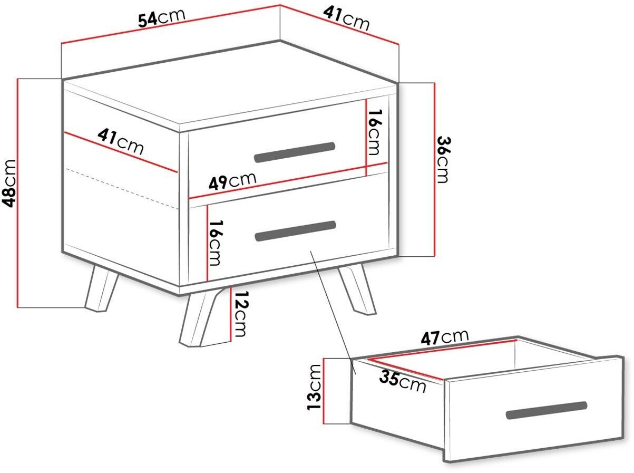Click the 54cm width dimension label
tap(161, 18)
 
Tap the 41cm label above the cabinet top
tap(346, 19)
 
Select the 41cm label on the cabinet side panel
tap(121, 141)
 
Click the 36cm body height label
tap(443, 160)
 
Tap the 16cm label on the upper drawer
tap(374, 132)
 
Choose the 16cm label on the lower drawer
tap(216, 243)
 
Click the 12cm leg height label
tap(241, 314)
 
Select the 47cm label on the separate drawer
tap(444, 336)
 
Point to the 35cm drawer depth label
tap(403, 381)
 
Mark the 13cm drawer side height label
tap(314, 387)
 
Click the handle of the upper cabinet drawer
tap(295, 152)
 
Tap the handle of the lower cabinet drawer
tap(295, 231)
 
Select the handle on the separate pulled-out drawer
tap(547, 410)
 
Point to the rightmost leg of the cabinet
tap(358, 291)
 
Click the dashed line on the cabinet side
tap(122, 188)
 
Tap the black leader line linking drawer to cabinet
tap(333, 313)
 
